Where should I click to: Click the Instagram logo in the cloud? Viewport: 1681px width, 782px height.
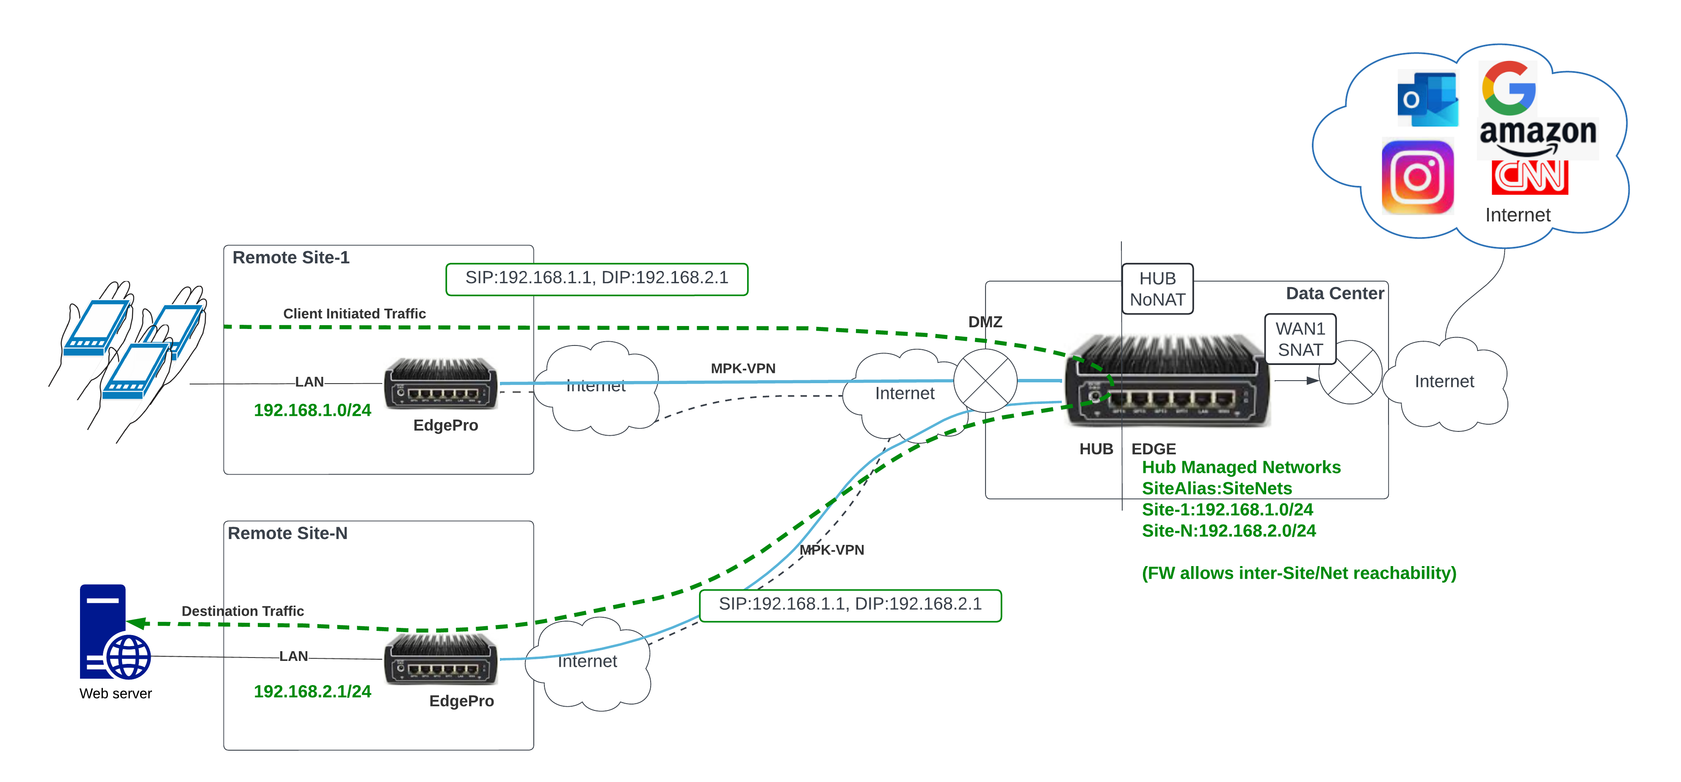click(x=1417, y=177)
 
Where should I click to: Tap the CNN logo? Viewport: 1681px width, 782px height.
click(x=1529, y=176)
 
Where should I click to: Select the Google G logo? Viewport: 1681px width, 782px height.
click(x=1508, y=88)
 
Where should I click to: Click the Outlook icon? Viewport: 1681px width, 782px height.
click(x=1427, y=99)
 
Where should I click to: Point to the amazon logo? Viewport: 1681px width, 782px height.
click(x=1537, y=135)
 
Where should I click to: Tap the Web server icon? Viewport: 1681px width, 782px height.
click(x=112, y=633)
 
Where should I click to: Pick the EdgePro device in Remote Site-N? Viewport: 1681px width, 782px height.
click(x=441, y=659)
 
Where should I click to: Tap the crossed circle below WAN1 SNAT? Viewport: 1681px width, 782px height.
click(x=1350, y=372)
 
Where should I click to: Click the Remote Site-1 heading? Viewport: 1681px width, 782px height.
click(x=291, y=258)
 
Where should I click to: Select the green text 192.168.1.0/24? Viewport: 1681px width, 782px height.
click(x=312, y=410)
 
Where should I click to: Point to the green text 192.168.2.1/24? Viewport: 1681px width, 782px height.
click(x=312, y=691)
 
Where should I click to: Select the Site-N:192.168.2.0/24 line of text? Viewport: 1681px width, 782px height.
click(x=1228, y=531)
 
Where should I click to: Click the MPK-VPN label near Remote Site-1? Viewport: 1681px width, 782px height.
click(x=743, y=369)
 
